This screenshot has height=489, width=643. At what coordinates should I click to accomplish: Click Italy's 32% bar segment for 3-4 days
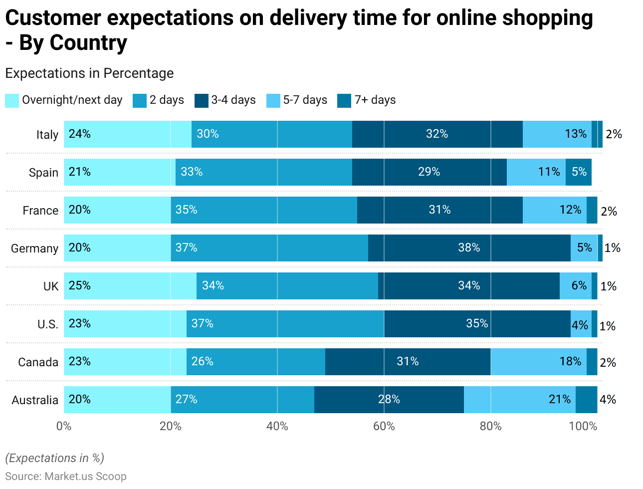(x=437, y=134)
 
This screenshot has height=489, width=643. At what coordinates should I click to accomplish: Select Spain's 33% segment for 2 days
(x=263, y=172)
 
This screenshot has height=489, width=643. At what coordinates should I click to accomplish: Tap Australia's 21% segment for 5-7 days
(x=519, y=400)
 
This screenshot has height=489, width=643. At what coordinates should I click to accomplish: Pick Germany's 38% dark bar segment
(x=469, y=248)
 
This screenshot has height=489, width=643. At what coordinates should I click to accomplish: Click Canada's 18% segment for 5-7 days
(x=538, y=362)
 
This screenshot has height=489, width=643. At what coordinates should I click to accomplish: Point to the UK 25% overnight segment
(x=130, y=286)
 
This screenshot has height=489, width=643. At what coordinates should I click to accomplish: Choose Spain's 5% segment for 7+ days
(x=579, y=172)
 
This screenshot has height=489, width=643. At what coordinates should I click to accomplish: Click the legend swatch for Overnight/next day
(x=12, y=100)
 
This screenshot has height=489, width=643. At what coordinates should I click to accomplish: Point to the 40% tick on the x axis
(x=277, y=426)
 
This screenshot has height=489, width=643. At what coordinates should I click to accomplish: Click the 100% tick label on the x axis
(x=583, y=426)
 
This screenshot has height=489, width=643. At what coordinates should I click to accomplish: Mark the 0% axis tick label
(x=64, y=426)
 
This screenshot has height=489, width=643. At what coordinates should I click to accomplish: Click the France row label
(x=40, y=211)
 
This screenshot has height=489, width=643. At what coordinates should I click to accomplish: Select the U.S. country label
(x=48, y=324)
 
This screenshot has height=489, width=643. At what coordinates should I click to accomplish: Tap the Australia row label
(x=35, y=400)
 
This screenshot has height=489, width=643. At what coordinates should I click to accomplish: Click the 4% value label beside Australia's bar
(x=608, y=400)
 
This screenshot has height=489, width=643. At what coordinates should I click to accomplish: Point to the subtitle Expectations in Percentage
(x=89, y=73)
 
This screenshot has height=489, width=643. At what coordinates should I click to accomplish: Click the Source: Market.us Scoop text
(x=66, y=477)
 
